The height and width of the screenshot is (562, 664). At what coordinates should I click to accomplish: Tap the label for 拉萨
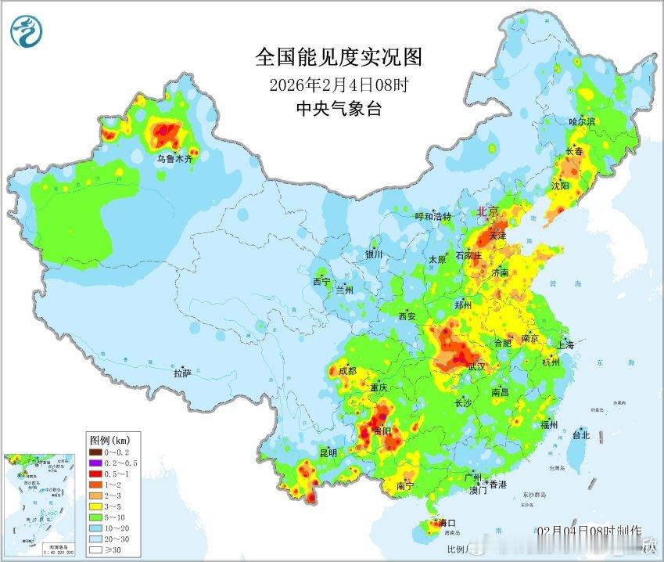pos(182,373)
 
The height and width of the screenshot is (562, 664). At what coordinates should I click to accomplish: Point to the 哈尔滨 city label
pos(582,121)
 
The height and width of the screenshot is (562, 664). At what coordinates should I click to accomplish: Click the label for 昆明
pos(328,453)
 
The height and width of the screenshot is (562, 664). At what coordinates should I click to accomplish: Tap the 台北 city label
pos(580,435)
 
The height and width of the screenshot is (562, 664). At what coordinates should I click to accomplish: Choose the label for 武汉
pos(476,366)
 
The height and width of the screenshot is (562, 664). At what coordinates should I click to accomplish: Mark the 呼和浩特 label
pos(433,217)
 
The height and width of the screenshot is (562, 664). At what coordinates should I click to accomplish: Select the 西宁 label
pos(322,281)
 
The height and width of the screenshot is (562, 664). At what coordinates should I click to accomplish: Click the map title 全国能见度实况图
pos(338,56)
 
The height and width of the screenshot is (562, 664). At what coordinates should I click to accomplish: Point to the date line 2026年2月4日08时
pos(337,84)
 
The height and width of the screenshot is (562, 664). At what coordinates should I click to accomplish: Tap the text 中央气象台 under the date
pos(337,109)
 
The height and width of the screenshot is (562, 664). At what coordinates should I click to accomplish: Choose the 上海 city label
pos(565,345)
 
